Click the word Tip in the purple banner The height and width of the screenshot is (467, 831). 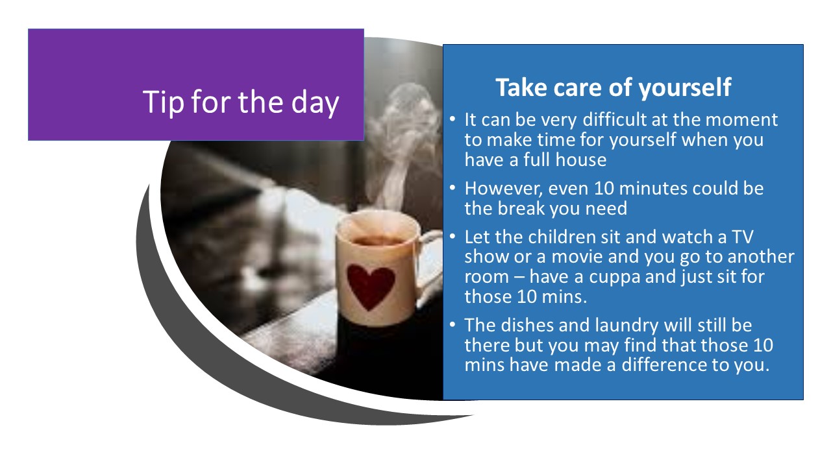click(163, 102)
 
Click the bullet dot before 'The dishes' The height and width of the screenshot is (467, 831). click(452, 325)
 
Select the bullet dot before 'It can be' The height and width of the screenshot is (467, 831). click(452, 119)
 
